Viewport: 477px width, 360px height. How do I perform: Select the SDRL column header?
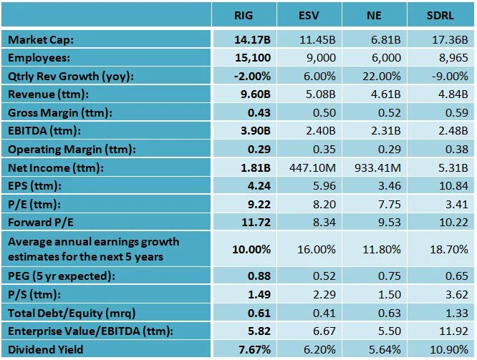click(x=442, y=14)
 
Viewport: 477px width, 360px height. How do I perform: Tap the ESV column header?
click(x=309, y=14)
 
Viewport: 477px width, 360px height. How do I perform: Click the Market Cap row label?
click(x=41, y=39)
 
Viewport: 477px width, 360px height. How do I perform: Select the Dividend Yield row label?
click(x=46, y=349)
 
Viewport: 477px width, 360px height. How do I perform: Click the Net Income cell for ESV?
click(x=309, y=169)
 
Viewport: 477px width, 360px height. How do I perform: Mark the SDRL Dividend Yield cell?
click(x=442, y=349)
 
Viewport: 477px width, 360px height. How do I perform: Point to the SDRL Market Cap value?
click(x=442, y=39)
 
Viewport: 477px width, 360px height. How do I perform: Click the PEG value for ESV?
click(x=309, y=275)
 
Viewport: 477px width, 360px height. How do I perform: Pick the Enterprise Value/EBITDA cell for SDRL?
click(x=442, y=331)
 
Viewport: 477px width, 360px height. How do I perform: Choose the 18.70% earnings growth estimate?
click(x=442, y=250)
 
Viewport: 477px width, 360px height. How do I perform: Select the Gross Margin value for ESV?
click(x=309, y=113)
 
